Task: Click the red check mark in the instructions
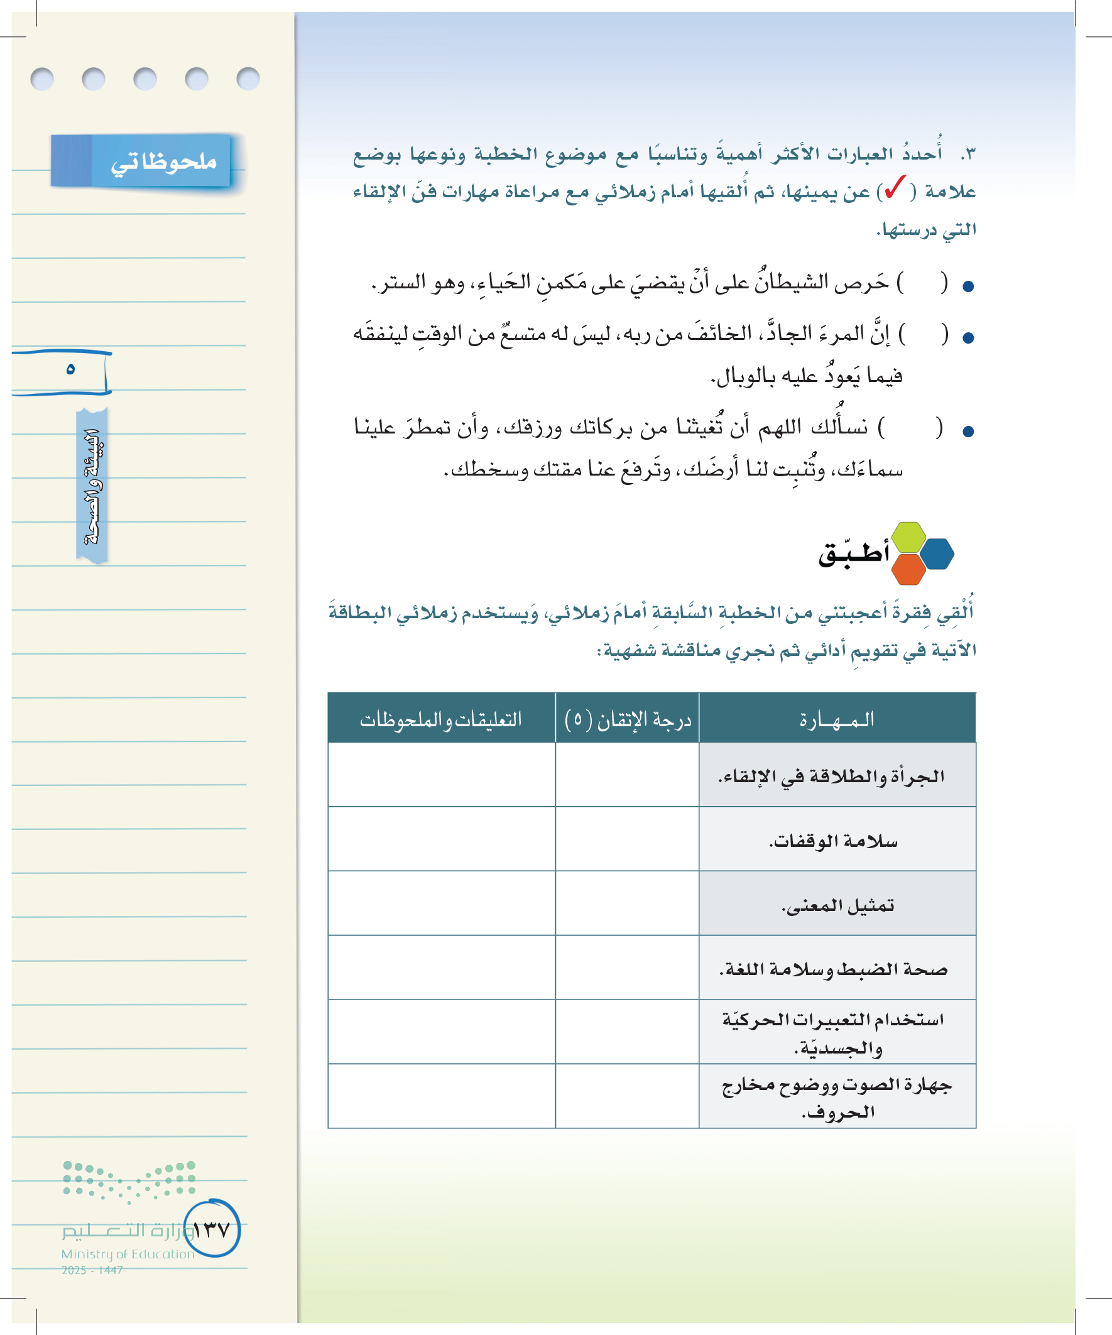[895, 188]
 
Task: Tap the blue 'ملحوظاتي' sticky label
[163, 161]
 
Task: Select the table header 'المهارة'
[837, 719]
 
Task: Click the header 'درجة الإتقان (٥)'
[628, 719]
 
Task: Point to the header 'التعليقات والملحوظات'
[441, 719]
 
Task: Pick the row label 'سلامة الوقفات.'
[834, 841]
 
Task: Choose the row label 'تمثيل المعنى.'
[838, 905]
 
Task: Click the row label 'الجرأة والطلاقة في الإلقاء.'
[832, 776]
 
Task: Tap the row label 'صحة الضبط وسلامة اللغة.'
[834, 969]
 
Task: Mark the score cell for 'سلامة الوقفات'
[628, 839]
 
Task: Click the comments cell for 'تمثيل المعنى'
[441, 903]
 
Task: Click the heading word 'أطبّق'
[853, 553]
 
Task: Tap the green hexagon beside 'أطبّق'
[908, 537]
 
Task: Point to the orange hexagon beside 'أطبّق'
[908, 569]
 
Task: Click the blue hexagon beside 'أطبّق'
[937, 553]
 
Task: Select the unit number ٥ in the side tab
[70, 369]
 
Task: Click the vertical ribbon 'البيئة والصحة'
[92, 486]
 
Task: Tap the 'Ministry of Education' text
[128, 1253]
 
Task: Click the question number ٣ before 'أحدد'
[968, 155]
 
